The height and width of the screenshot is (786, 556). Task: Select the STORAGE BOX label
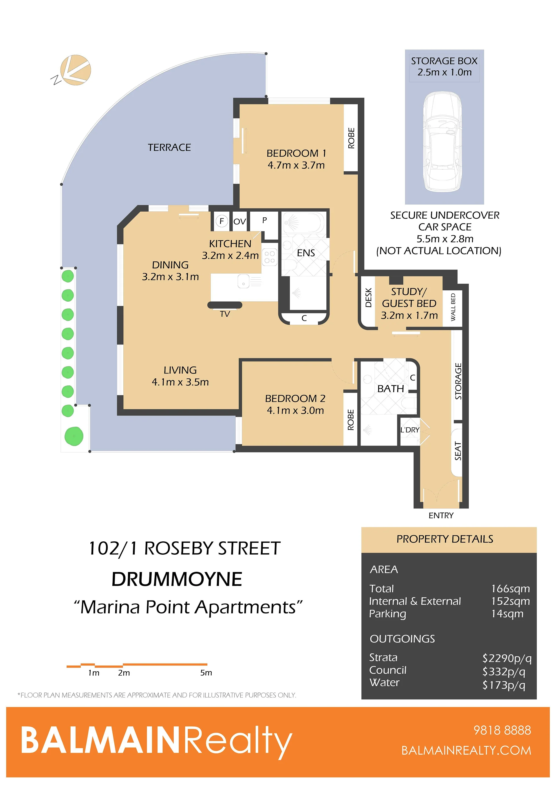point(444,61)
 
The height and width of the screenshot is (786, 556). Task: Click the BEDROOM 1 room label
point(296,153)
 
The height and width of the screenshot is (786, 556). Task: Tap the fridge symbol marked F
point(222,221)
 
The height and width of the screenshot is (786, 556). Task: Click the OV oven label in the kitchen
point(240,221)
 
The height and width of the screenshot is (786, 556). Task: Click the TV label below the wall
point(225,314)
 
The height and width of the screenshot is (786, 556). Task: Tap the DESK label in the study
point(368,298)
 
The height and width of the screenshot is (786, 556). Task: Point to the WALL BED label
point(453,307)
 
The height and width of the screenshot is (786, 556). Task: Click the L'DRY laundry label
point(410,430)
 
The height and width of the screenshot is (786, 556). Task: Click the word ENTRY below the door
point(441,515)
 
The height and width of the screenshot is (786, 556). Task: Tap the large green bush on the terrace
point(74,436)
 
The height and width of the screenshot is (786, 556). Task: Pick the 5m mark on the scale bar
point(206,673)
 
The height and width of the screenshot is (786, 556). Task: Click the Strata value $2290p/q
point(507,658)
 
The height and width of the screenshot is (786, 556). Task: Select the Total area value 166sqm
point(511,589)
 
